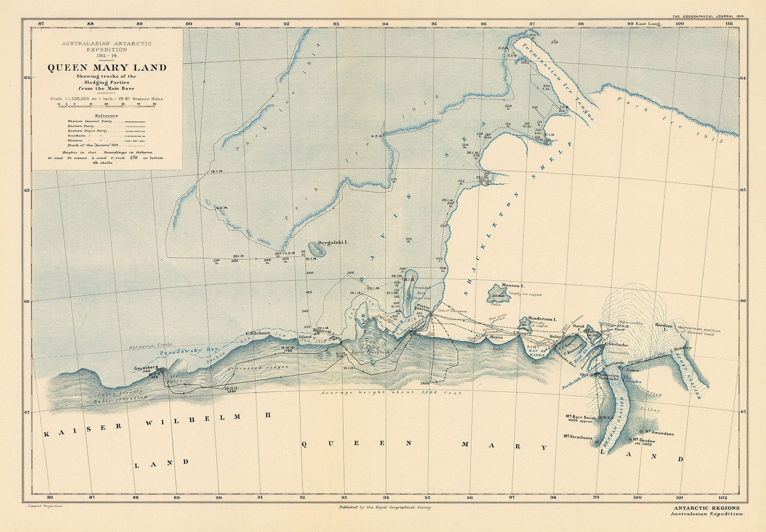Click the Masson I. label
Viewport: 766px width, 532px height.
[x=510, y=286]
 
